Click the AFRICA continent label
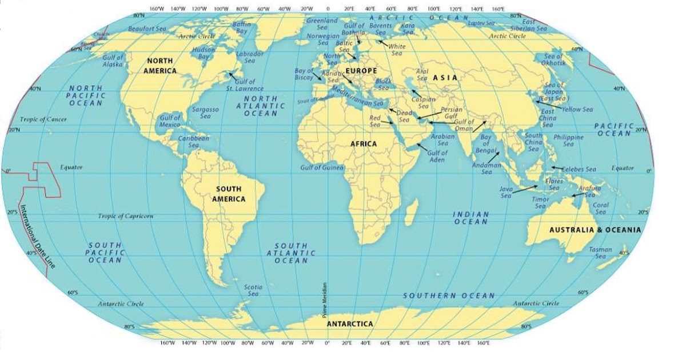(364, 144)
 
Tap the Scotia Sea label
(253, 290)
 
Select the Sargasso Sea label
(205, 113)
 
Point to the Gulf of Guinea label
(322, 167)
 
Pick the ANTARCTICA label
(350, 324)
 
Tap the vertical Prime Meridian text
(324, 300)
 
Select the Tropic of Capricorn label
(125, 216)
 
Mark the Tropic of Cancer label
(43, 119)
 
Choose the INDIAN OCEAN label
(471, 218)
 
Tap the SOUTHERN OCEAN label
(449, 295)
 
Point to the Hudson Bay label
(204, 53)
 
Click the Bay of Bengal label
(485, 143)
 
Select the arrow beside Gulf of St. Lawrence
(233, 75)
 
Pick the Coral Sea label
(601, 209)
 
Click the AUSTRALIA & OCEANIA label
(595, 230)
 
